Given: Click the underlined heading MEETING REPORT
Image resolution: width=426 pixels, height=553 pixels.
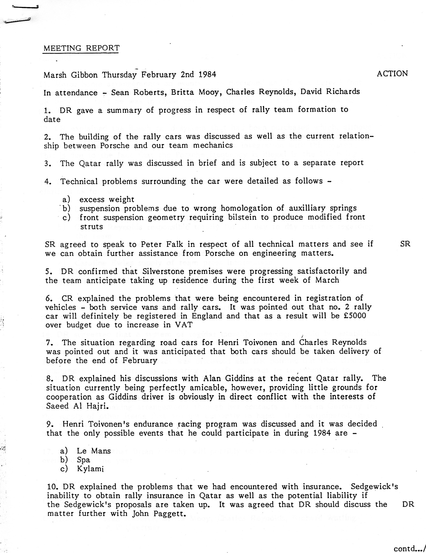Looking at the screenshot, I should click(x=81, y=48).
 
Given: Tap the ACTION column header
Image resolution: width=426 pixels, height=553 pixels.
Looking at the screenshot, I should click(x=392, y=74).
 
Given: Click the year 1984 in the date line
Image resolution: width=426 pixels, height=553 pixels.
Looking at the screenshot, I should click(x=207, y=75).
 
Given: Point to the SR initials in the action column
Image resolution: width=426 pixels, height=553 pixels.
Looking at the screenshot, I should click(x=405, y=244).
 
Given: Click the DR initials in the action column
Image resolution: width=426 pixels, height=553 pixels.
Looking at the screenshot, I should click(x=408, y=504).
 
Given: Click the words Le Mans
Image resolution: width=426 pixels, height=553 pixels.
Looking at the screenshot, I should click(x=93, y=451).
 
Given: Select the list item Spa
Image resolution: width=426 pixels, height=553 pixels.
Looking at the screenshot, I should click(x=83, y=460).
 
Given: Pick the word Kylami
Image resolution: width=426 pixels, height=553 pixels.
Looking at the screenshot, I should click(x=90, y=469).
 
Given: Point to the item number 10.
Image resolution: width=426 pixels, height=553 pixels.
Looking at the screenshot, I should click(x=51, y=487).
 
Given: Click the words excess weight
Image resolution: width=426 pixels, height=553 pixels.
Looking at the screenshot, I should click(x=106, y=199).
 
